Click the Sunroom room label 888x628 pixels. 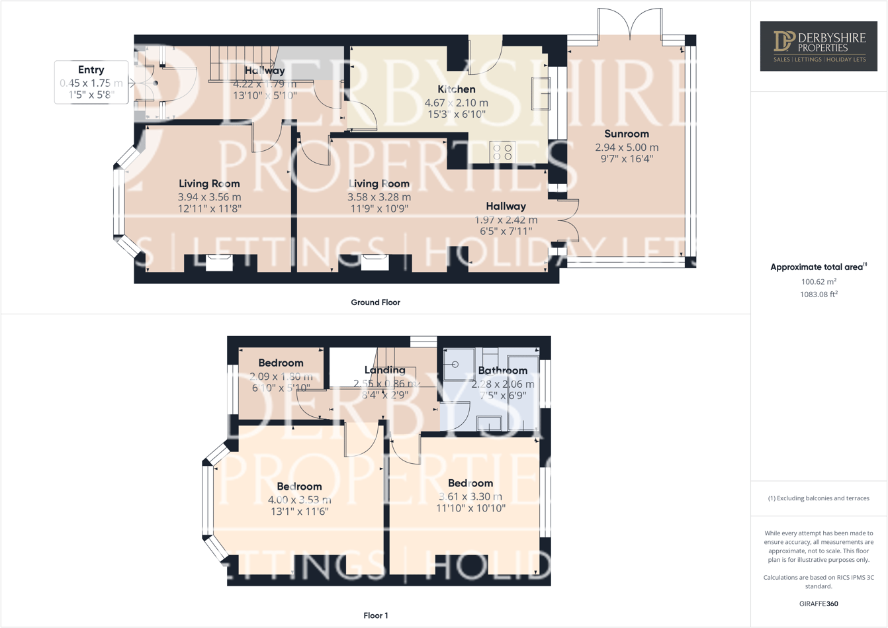pyautogui.click(x=626, y=134)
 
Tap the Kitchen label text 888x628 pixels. pyautogui.click(x=456, y=89)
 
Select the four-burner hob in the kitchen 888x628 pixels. pyautogui.click(x=502, y=152)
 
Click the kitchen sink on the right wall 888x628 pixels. pyautogui.click(x=541, y=93)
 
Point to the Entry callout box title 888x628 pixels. pyautogui.click(x=91, y=70)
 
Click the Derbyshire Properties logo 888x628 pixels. pyautogui.click(x=819, y=46)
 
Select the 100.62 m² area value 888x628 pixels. pyautogui.click(x=819, y=281)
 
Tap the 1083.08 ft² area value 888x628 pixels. pyautogui.click(x=819, y=294)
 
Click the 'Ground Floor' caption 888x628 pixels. pyautogui.click(x=375, y=302)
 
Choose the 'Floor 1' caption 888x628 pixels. pyautogui.click(x=375, y=615)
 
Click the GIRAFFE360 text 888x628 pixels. pyautogui.click(x=819, y=604)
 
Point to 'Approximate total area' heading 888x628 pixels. pyautogui.click(x=817, y=267)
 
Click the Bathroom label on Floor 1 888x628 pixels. pyautogui.click(x=502, y=371)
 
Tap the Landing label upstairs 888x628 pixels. pyautogui.click(x=384, y=370)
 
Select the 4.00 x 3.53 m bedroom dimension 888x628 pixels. pyautogui.click(x=299, y=500)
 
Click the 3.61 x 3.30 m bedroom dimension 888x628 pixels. pyautogui.click(x=470, y=496)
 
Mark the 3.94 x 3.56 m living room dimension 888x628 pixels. pyautogui.click(x=209, y=197)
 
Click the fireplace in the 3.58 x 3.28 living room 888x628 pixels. pyautogui.click(x=375, y=263)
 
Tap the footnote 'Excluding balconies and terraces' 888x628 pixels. pyautogui.click(x=819, y=498)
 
